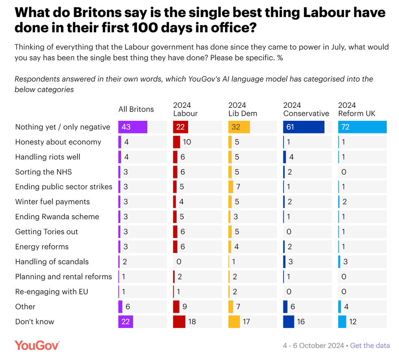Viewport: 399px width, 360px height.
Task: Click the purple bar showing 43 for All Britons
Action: [x=133, y=127]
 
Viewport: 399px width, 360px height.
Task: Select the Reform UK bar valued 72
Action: [x=362, y=127]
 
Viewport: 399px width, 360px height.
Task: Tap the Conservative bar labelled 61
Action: [x=303, y=127]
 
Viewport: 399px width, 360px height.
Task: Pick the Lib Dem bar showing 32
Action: [x=239, y=127]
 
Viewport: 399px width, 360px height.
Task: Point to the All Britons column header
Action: [x=136, y=109]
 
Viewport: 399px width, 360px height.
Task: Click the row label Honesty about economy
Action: [x=58, y=142]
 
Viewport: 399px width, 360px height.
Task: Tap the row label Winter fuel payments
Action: [x=53, y=202]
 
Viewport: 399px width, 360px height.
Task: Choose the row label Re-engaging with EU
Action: [x=52, y=292]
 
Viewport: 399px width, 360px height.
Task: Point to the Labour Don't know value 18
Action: [x=193, y=322]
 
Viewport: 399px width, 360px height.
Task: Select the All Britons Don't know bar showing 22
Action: [x=125, y=322]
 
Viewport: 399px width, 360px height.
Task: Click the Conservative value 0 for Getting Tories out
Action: [x=289, y=232]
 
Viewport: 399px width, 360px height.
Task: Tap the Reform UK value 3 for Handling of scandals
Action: [x=345, y=262]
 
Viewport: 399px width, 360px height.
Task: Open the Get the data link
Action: [x=370, y=345]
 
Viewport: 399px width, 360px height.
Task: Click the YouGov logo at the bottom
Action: [x=37, y=345]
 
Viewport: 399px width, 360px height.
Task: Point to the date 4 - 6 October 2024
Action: [x=313, y=345]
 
